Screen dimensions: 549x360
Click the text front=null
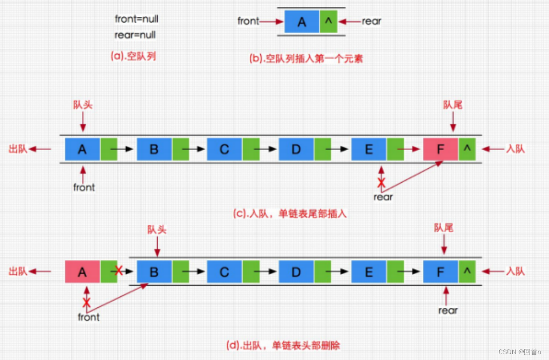137,19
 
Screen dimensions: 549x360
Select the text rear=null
135,35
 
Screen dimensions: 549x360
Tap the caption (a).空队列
134,56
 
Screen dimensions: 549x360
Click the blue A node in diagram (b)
302,22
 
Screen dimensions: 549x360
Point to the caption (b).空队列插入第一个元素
306,58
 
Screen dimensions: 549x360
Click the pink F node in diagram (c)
441,149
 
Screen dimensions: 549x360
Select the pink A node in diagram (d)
82,272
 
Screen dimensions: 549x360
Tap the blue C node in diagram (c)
225,149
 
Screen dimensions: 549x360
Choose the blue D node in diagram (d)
296,272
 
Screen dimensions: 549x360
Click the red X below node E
381,183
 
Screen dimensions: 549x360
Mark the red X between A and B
119,270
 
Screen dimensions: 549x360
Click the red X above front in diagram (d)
86,302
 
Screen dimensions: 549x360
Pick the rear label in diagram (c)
383,197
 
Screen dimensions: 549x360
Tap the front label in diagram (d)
88,317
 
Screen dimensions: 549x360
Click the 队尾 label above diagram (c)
453,105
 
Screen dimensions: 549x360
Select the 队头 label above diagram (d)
157,229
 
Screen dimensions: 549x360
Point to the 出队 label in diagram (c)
18,149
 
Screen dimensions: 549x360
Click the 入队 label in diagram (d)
515,271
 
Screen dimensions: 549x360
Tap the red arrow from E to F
408,149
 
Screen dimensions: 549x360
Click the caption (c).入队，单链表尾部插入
290,214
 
